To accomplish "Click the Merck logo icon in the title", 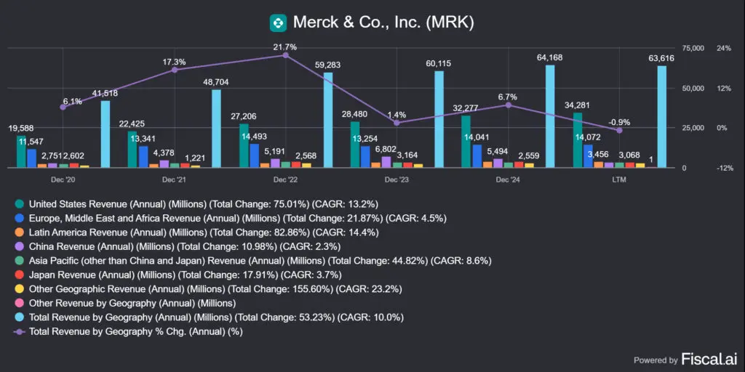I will tap(277, 23).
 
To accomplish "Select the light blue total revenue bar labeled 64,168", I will tap(550, 116).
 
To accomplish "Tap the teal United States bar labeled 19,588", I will tap(21, 151).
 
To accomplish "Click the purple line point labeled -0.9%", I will tap(619, 130).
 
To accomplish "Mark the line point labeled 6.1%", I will tap(63, 107).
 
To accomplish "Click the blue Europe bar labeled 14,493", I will tap(254, 155).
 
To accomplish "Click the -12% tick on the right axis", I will tap(725, 168).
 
